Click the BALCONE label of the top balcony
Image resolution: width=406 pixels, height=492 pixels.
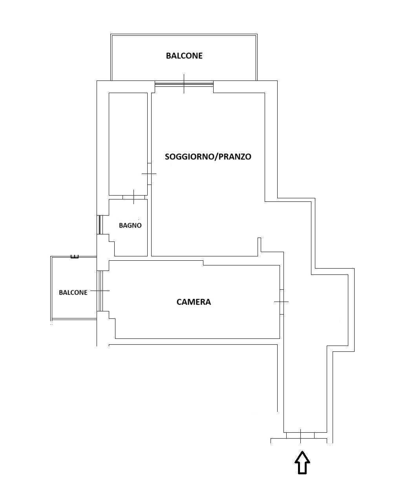(x=184, y=56)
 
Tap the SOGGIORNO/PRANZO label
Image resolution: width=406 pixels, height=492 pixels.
(x=208, y=157)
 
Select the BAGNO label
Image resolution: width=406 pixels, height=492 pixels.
(x=130, y=225)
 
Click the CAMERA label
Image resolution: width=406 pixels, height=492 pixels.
(x=194, y=302)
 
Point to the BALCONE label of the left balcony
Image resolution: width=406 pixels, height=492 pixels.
(x=73, y=293)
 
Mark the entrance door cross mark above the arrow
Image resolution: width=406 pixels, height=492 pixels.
(x=300, y=436)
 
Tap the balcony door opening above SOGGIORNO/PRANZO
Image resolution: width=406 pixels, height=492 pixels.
(x=184, y=84)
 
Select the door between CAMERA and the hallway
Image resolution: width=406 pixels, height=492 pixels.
(x=282, y=302)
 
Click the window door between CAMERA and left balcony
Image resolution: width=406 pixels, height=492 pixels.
(x=100, y=291)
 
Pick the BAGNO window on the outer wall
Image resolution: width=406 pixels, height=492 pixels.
(x=100, y=225)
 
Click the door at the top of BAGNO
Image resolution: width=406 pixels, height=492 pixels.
(x=134, y=197)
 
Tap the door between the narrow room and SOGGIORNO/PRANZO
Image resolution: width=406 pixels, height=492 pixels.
(x=149, y=174)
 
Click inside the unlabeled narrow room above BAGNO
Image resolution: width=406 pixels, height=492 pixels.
(x=128, y=144)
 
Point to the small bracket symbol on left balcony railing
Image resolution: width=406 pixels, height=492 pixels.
(x=75, y=257)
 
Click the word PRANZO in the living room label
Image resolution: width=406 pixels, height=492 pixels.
(x=235, y=157)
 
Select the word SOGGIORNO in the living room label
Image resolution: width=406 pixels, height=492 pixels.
(x=190, y=157)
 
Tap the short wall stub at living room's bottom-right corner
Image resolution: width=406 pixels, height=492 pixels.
(x=259, y=247)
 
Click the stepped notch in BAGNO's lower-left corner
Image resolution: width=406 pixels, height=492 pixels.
(x=112, y=245)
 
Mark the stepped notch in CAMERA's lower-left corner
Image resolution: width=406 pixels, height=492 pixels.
(x=112, y=325)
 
